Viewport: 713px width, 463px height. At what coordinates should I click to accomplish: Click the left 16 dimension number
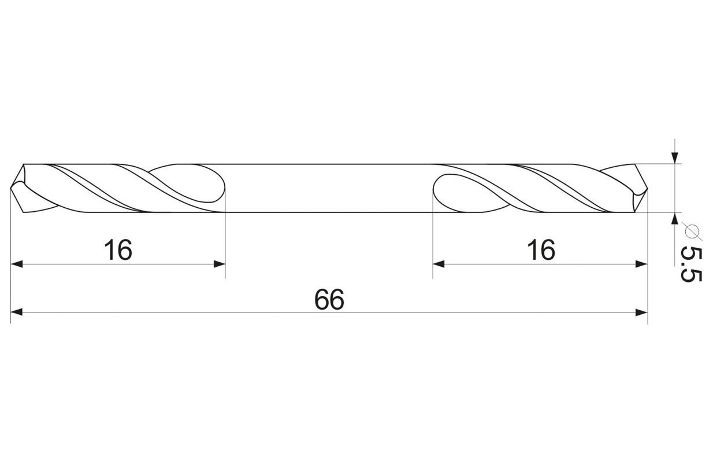click(118, 250)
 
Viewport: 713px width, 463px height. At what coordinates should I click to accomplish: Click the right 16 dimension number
click(541, 250)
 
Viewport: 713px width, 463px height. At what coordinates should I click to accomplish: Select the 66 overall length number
click(329, 299)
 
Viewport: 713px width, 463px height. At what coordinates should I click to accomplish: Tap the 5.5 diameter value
click(691, 264)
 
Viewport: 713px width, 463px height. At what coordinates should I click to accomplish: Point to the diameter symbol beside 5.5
click(692, 231)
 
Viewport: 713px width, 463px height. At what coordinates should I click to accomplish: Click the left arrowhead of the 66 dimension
click(17, 312)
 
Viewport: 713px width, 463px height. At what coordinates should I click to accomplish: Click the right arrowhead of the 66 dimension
click(641, 312)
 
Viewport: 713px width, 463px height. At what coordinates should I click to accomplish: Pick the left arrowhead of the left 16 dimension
click(17, 264)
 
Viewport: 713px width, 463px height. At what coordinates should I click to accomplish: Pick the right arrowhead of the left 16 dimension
click(220, 264)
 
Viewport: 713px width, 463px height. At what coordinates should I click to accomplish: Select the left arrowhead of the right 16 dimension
click(439, 264)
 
